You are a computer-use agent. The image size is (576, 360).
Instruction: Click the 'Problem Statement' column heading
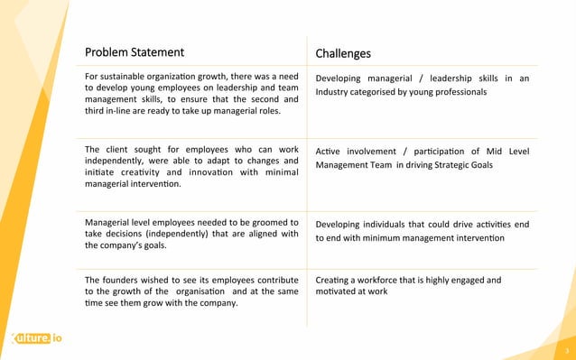pyautogui.click(x=134, y=52)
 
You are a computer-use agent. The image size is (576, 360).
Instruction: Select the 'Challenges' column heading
pyautogui.click(x=343, y=53)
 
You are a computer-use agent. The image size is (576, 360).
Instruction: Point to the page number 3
pyautogui.click(x=566, y=350)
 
